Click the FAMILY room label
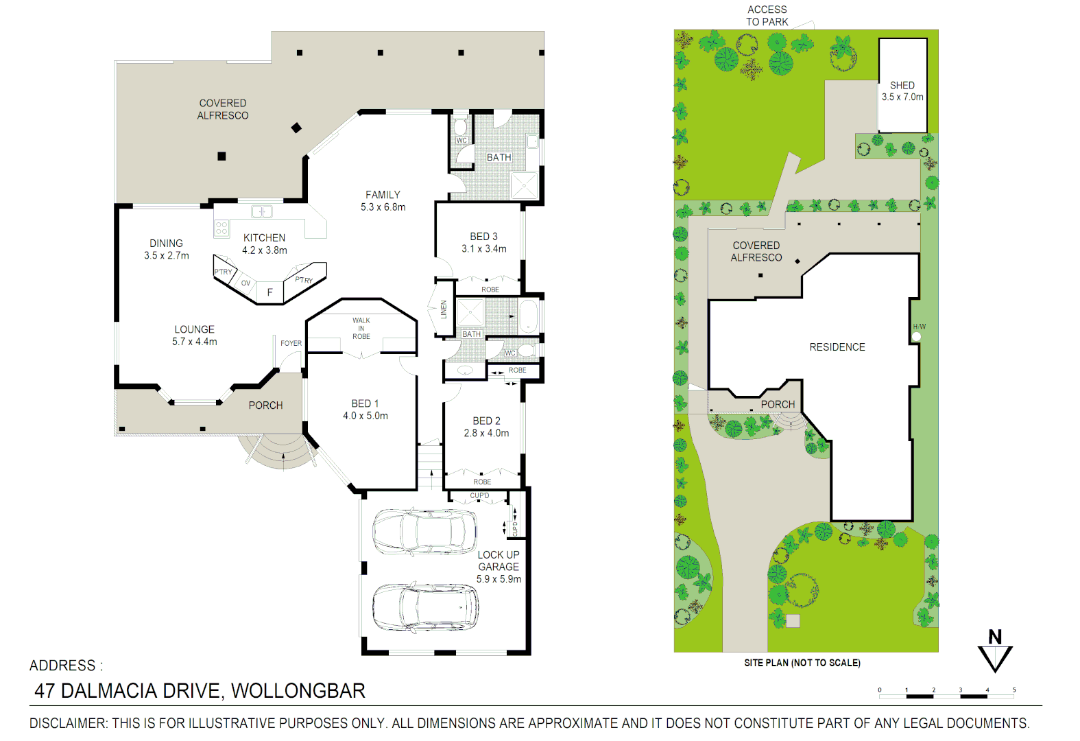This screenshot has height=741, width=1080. (383, 195)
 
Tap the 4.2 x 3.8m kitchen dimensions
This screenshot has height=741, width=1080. (264, 250)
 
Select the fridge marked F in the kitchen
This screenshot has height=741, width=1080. (269, 292)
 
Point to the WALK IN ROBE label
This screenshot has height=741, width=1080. (361, 328)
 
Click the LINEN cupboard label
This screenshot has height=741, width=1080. (444, 309)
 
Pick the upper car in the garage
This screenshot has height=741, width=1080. (424, 531)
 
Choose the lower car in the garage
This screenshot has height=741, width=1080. (425, 607)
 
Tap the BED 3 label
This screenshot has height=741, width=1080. (483, 236)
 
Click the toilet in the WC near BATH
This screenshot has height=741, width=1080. (460, 126)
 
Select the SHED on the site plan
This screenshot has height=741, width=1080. (902, 86)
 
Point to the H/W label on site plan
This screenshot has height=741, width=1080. (919, 327)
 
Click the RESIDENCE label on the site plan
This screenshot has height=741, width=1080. (837, 347)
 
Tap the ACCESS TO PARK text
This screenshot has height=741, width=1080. (767, 16)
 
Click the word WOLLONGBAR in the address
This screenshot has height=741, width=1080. (298, 691)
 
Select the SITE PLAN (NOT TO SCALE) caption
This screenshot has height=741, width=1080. (802, 663)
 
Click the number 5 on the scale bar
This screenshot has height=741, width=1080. (1013, 690)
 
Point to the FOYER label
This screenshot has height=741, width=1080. (291, 343)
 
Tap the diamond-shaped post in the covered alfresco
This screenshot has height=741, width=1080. (296, 128)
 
